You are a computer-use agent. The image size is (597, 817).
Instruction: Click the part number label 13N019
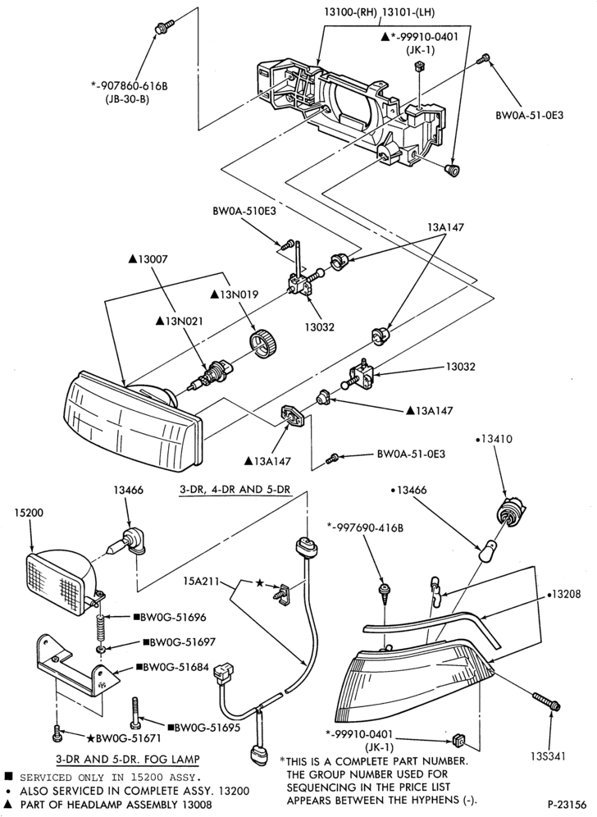tap(234, 294)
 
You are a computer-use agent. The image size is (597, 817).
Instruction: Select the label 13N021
tap(180, 322)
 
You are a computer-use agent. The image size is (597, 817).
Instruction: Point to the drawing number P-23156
tap(567, 803)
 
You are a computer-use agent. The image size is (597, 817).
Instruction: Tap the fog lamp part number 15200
tap(30, 513)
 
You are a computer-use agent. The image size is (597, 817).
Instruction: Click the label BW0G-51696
tap(170, 618)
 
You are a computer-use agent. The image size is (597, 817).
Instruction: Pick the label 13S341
tap(548, 755)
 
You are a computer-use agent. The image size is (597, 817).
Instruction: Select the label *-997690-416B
tap(365, 527)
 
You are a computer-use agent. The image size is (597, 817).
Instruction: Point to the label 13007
tap(148, 259)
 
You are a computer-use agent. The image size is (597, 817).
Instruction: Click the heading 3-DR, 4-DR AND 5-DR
tap(234, 490)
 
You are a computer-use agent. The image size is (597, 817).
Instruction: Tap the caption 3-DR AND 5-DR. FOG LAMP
tap(128, 759)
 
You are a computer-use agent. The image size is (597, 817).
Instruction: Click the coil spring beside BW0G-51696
tap(101, 628)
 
